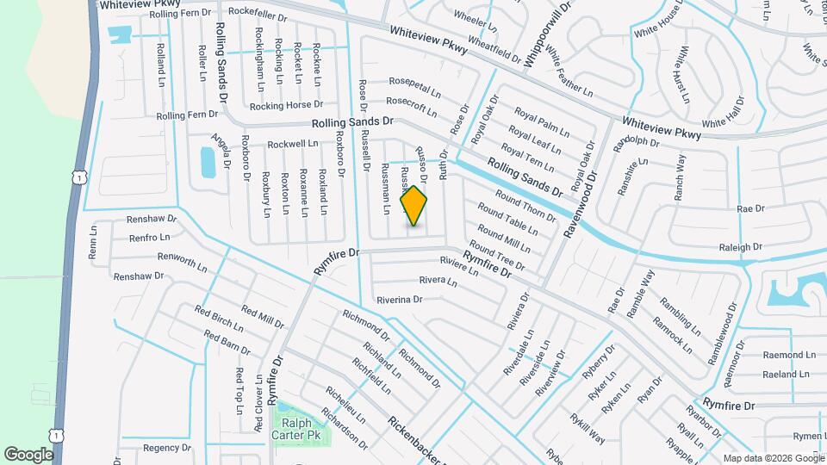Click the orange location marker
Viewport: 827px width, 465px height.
click(x=414, y=206)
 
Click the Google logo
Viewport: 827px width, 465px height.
click(x=28, y=454)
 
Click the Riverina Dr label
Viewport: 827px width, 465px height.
click(x=399, y=300)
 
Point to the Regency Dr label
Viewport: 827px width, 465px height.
click(x=166, y=448)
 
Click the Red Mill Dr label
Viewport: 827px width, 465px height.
click(x=263, y=317)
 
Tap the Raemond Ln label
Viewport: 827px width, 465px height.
click(x=788, y=355)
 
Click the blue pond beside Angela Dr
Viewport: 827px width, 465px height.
click(x=208, y=162)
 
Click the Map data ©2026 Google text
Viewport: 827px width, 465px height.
click(x=773, y=458)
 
